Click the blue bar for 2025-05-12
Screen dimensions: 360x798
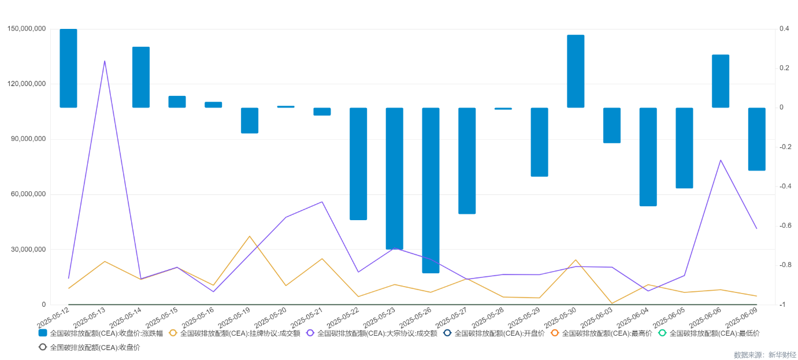[x=68, y=68]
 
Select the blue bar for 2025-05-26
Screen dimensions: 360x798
[x=430, y=190]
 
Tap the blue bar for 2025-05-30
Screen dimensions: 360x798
[x=576, y=71]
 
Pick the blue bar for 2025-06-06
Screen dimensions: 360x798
[x=720, y=81]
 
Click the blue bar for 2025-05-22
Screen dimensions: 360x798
[x=358, y=164]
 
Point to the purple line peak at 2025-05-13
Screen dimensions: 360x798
[x=105, y=61]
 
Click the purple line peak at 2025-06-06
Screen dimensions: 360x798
[x=721, y=160]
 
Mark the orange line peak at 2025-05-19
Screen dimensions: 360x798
[x=250, y=236]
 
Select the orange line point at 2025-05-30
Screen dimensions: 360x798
[x=576, y=260]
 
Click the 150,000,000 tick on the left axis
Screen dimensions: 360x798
[x=27, y=29]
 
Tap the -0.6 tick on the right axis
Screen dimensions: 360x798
[x=784, y=225]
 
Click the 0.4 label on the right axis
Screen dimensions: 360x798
[x=784, y=29]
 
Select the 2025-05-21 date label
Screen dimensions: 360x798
[x=306, y=317]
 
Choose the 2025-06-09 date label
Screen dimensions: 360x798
[x=741, y=317]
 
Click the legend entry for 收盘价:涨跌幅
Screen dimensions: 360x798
[x=101, y=333]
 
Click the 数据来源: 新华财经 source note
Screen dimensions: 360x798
[x=764, y=354]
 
